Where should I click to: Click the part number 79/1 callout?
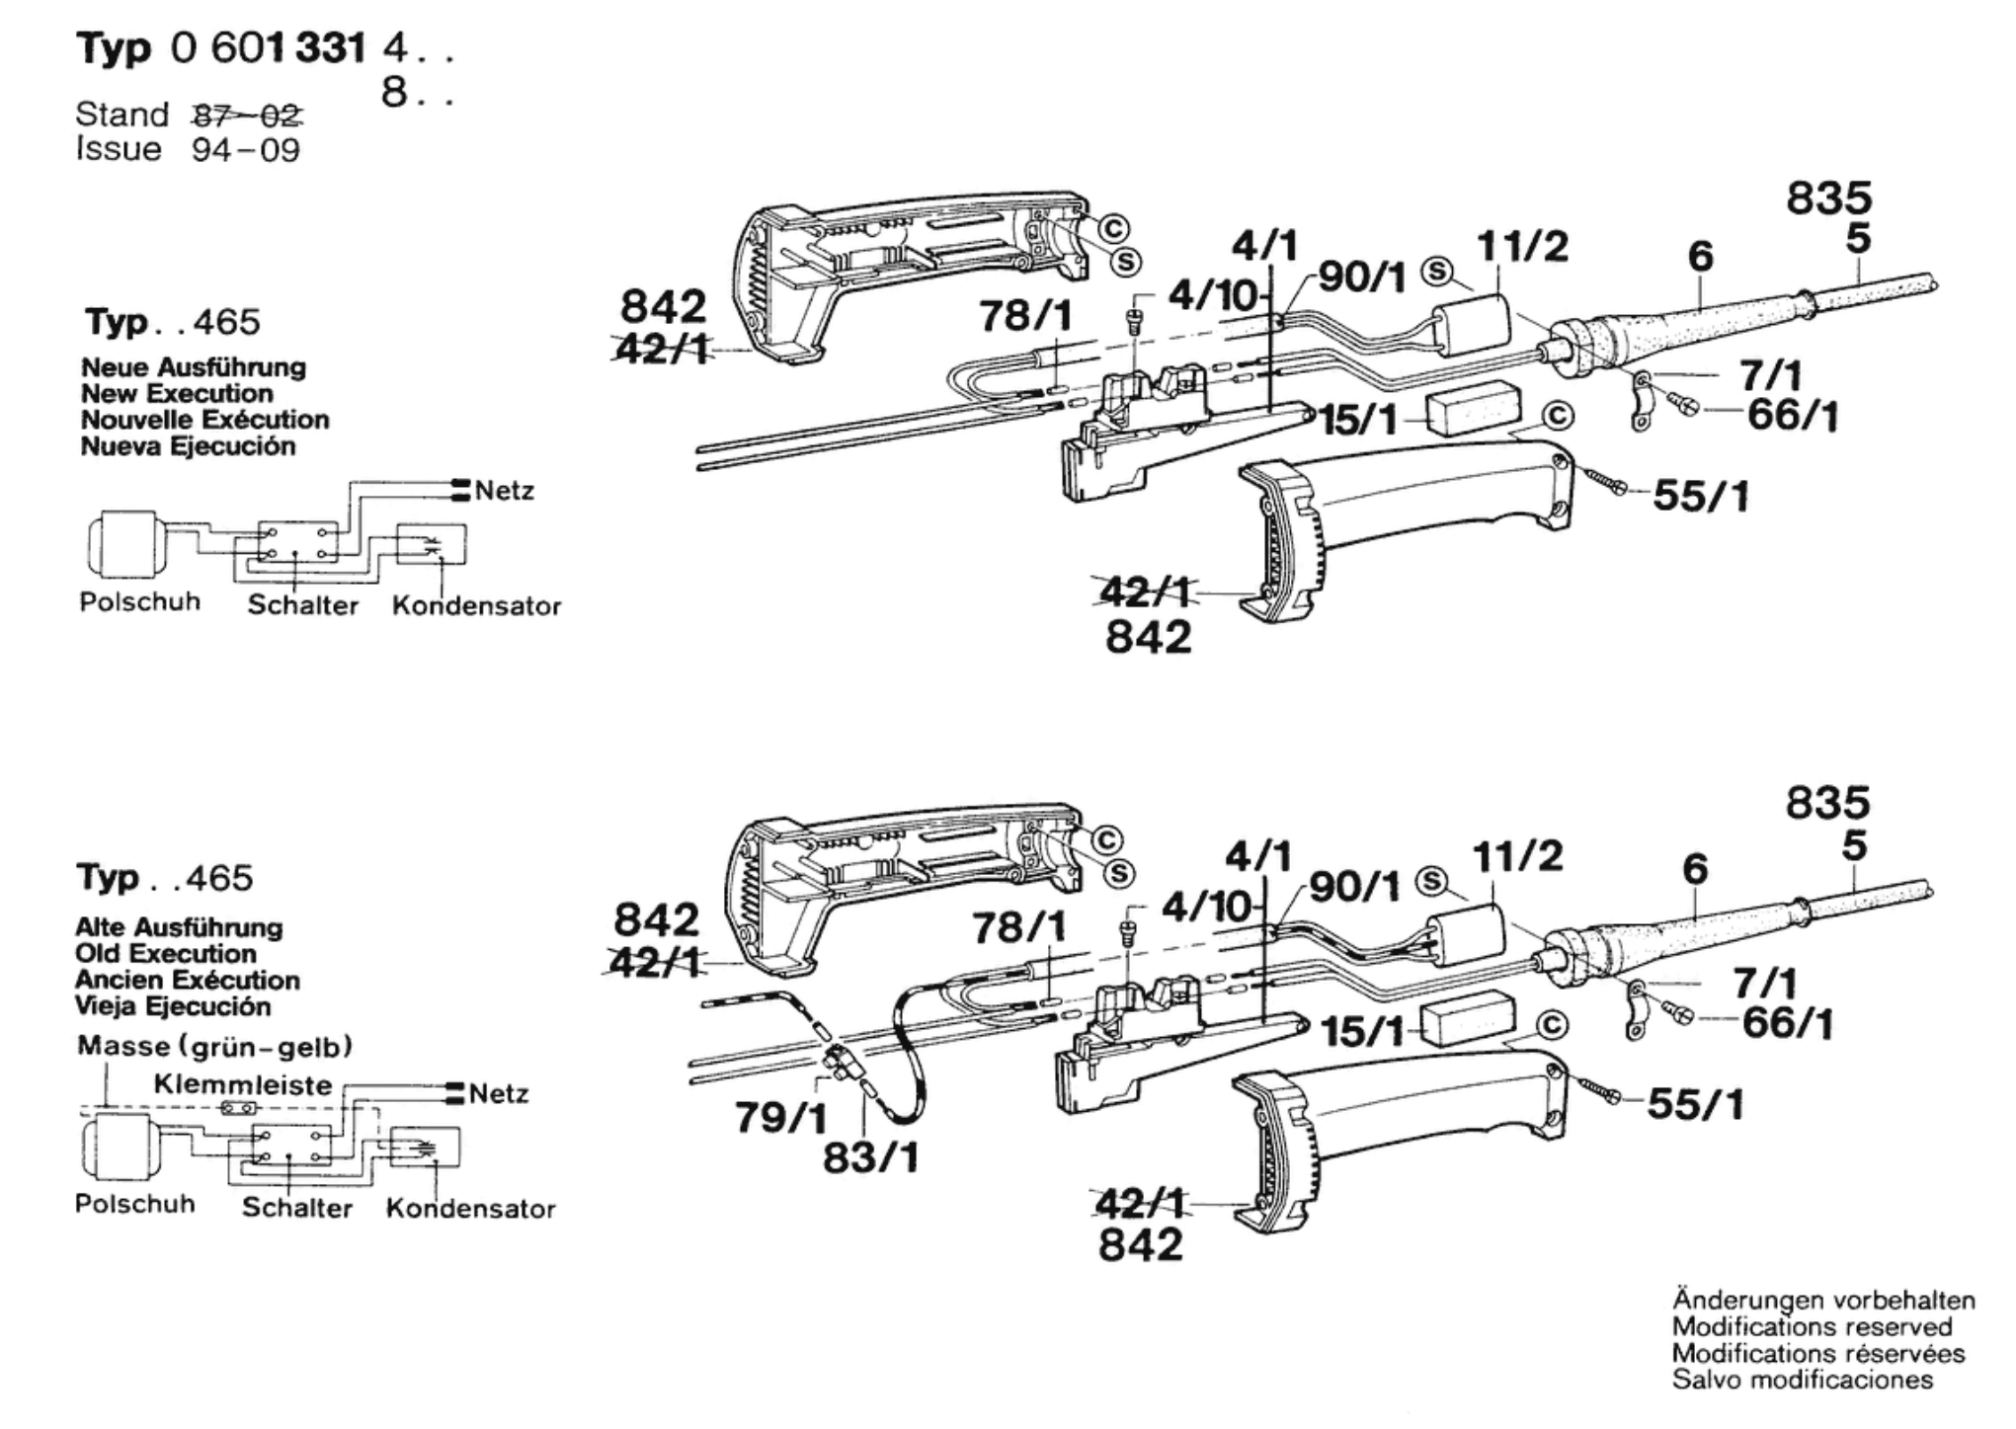pos(781,1117)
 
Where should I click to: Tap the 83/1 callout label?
pos(870,1156)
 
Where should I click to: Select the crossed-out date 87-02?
pos(247,116)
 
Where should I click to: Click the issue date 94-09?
pos(246,150)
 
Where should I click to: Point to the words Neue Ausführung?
pos(194,367)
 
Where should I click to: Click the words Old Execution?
pos(166,954)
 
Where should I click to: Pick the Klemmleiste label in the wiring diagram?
pos(243,1084)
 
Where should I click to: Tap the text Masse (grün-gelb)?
pos(214,1046)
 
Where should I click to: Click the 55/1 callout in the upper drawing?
pos(1701,496)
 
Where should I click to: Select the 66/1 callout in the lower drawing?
pos(1787,1023)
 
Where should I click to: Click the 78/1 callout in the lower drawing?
pos(1019,927)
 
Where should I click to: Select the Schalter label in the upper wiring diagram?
pos(302,604)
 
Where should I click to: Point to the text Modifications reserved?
pos(1813,1326)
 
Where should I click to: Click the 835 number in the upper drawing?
pos(1828,198)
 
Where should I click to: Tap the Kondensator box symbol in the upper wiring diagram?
pos(431,544)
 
